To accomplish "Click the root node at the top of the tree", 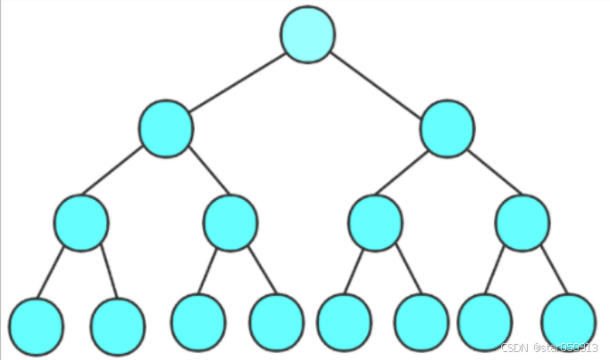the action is [308, 35].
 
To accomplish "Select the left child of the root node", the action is [166, 129].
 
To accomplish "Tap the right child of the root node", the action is [447, 129].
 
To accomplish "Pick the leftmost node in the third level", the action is [81, 222].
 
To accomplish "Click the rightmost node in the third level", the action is [522, 222].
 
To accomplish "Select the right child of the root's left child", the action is [230, 222].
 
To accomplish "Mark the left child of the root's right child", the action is [375, 222].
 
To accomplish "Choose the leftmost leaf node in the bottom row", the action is [36, 325].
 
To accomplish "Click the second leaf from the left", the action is [118, 326].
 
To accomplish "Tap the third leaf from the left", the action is [198, 322].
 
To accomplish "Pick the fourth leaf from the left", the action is [277, 322].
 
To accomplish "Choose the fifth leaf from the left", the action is [344, 322].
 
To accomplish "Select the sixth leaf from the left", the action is [421, 322].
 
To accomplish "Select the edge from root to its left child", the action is [237, 82].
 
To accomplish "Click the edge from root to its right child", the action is [378, 82].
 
